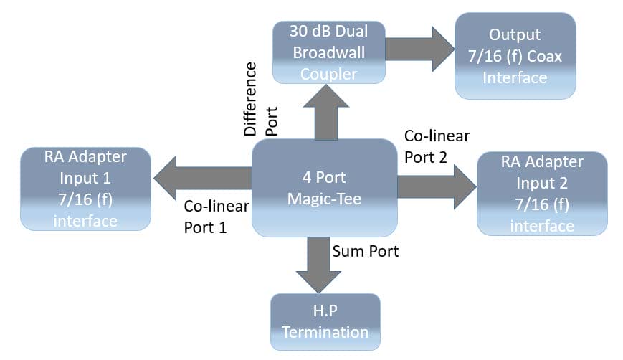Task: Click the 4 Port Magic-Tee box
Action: click(x=324, y=188)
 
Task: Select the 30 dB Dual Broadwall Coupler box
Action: click(x=329, y=52)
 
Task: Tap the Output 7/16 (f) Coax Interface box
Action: click(x=514, y=55)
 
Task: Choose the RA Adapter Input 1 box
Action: click(x=85, y=189)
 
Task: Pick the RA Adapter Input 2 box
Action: click(x=541, y=193)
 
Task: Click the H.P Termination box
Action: click(x=325, y=321)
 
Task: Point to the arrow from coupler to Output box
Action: click(x=419, y=49)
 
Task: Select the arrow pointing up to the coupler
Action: click(x=325, y=111)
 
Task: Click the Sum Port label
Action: click(x=366, y=252)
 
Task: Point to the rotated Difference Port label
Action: click(x=260, y=100)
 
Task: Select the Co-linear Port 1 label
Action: click(x=216, y=217)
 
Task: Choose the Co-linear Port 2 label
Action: click(x=437, y=146)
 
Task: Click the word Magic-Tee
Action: click(x=324, y=199)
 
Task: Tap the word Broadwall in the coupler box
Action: click(x=328, y=52)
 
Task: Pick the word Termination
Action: click(x=325, y=332)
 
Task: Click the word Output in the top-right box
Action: click(x=514, y=34)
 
